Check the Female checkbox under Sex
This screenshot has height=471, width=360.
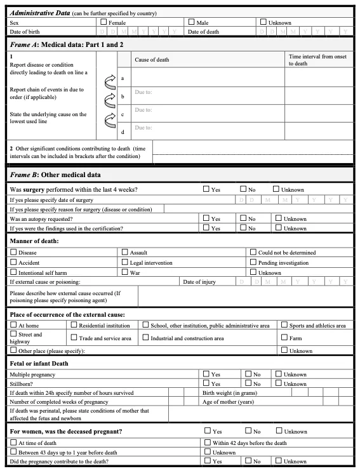(x=104, y=22)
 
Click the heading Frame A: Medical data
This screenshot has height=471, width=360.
(x=57, y=44)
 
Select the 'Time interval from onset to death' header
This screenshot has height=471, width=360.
(x=317, y=60)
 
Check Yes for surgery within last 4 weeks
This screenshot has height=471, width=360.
(x=206, y=189)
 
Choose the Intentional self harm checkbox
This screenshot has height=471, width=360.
(x=14, y=272)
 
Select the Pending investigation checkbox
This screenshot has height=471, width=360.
(x=253, y=262)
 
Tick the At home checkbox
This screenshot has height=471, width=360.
(x=14, y=325)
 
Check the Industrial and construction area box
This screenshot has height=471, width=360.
(x=145, y=338)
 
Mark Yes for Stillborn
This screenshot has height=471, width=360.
(x=206, y=383)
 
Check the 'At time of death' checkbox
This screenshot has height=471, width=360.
(x=14, y=442)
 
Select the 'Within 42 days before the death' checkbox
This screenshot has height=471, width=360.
(x=208, y=442)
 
